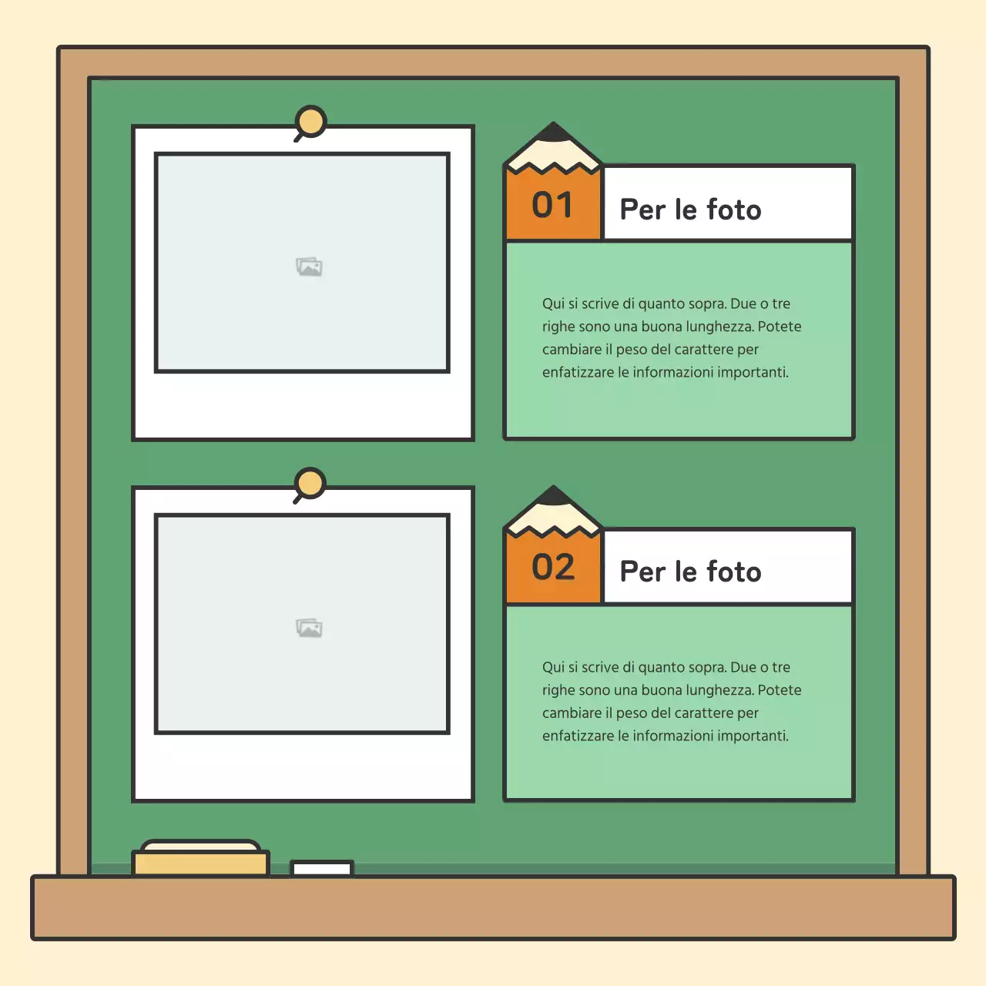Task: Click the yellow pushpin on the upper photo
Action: coord(310,122)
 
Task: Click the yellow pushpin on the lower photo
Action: coord(310,485)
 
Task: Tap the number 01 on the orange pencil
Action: coord(552,205)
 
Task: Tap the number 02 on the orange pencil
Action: coord(553,567)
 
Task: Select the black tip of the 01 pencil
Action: coord(553,131)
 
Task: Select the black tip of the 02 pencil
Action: coord(553,495)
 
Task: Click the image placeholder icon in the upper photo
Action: coord(309,267)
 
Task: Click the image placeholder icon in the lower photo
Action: coord(309,628)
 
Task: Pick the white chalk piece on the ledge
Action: coord(322,868)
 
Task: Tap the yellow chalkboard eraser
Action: coord(200,858)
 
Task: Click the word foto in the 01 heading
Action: coord(734,210)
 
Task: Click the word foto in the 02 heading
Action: coord(734,572)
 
